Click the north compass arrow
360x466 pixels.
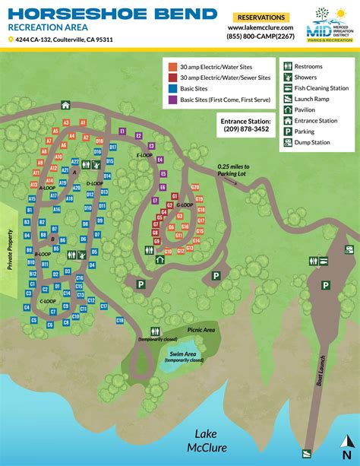(347, 444)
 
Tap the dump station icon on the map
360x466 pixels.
(349, 249)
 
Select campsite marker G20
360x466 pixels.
(195, 187)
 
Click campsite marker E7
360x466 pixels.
(155, 201)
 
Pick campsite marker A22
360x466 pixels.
(75, 162)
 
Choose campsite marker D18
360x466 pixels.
(99, 141)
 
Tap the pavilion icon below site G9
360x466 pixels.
(159, 260)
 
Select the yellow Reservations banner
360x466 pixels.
(261, 17)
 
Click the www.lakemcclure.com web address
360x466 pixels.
(261, 27)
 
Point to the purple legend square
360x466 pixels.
(172, 100)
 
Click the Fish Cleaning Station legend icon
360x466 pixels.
(286, 87)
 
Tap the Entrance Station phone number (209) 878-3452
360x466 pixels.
(245, 129)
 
